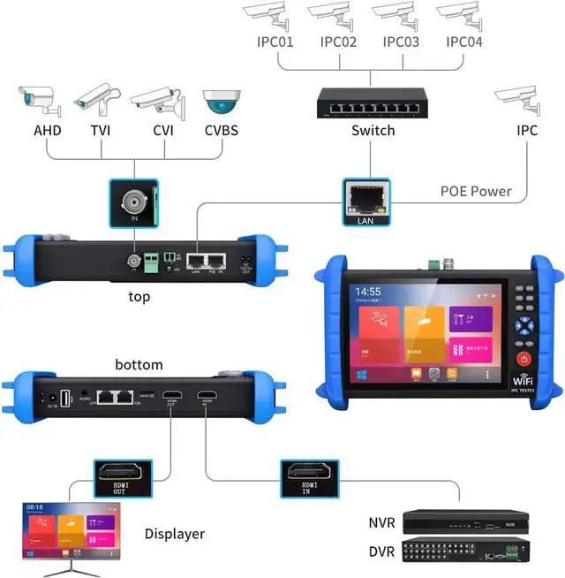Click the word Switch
point(373,131)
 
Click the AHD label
point(49,131)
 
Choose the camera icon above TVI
point(96,104)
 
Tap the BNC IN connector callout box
point(134,202)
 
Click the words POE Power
point(476,191)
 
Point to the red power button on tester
point(524,360)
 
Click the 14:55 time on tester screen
point(367,291)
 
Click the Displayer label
point(175,534)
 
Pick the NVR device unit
point(471,522)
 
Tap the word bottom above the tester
point(139,364)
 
